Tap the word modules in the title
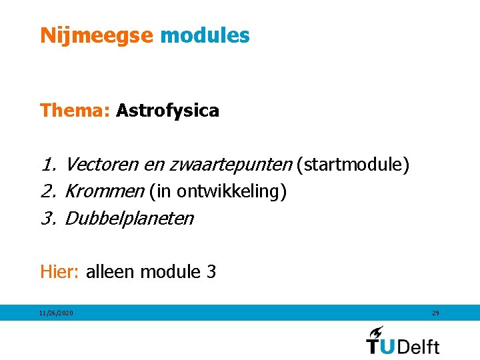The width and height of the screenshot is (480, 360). [205, 35]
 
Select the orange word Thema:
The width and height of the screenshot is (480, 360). [75, 111]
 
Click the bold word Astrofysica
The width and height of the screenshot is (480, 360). [167, 111]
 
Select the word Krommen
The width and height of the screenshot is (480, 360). [104, 191]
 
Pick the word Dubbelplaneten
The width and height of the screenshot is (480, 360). [129, 219]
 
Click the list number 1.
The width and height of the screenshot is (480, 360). [47, 165]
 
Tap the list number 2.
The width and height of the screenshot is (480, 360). [47, 192]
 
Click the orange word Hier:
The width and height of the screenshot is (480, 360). [60, 272]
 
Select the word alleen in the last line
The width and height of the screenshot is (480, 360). [111, 272]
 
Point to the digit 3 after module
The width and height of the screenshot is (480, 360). [211, 272]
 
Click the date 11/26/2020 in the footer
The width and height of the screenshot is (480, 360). [56, 313]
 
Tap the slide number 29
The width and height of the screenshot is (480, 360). [435, 313]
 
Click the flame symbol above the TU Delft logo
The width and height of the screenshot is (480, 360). [377, 332]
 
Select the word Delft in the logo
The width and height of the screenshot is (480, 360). [419, 346]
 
